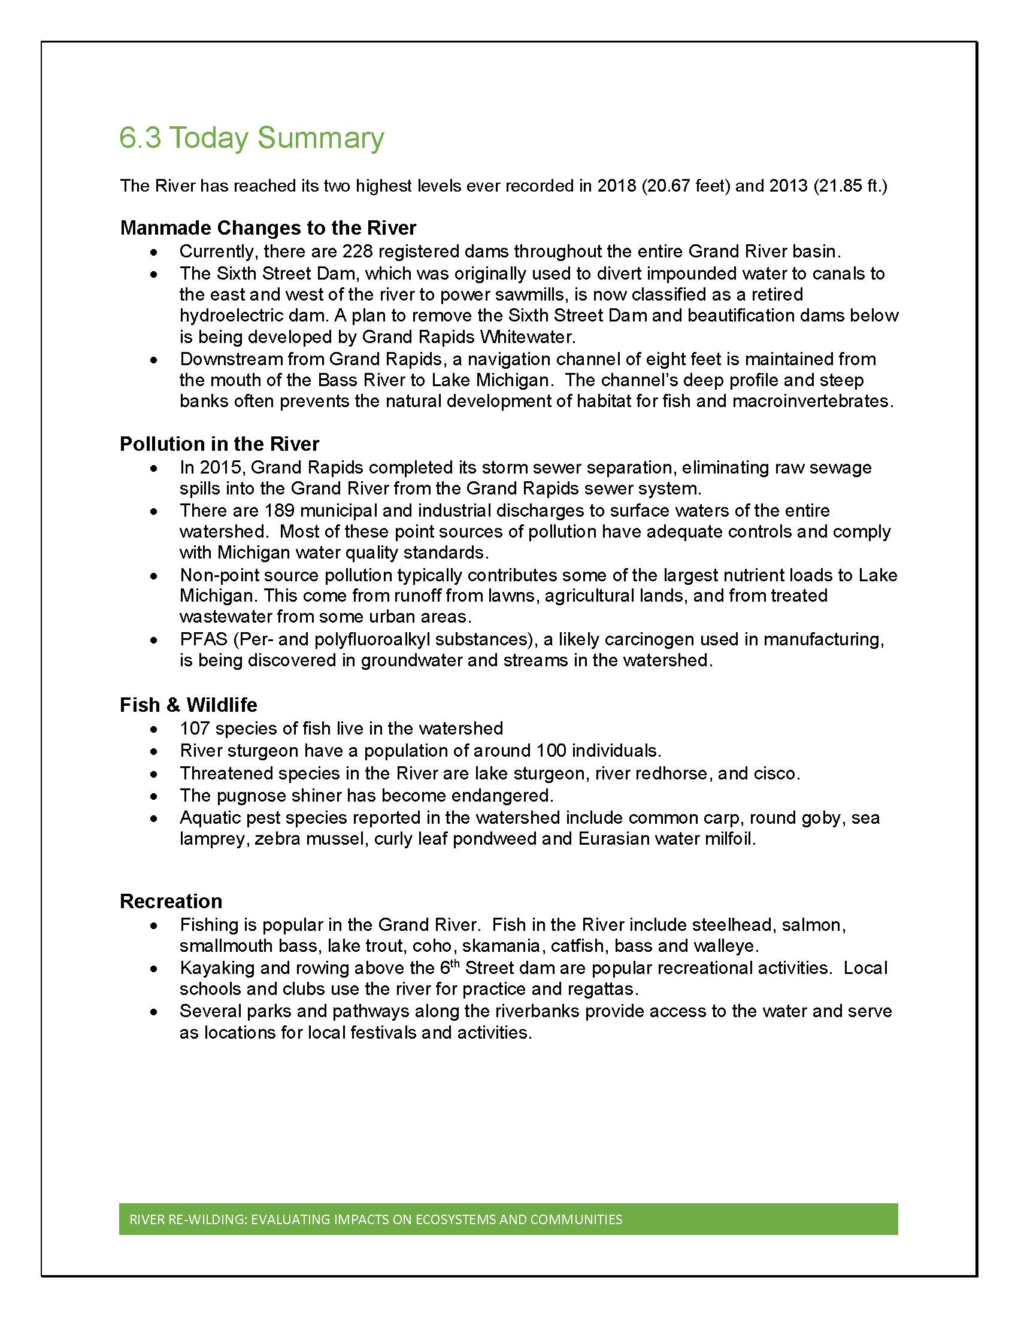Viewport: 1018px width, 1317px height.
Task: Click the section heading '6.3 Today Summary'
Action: click(252, 138)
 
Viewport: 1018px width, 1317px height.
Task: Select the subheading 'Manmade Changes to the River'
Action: click(268, 228)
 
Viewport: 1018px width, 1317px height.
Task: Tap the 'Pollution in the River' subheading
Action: click(219, 444)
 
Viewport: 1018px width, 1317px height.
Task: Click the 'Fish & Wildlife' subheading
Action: click(188, 705)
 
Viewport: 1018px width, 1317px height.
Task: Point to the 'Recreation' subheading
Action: click(171, 901)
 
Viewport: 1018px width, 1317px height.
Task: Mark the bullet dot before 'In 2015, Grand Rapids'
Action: click(156, 469)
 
